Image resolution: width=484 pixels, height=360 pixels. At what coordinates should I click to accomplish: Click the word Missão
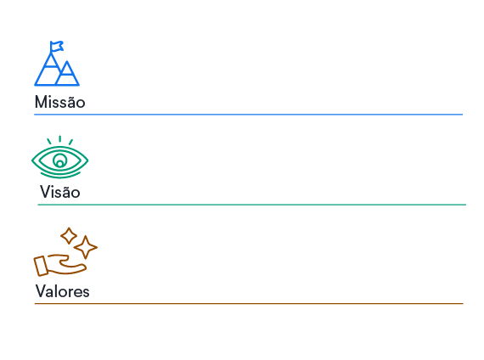60,102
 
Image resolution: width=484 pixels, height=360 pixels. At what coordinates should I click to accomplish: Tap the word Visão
60,192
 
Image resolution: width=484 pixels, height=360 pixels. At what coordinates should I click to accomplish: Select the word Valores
62,291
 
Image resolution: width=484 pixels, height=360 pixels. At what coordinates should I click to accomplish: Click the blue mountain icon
57,64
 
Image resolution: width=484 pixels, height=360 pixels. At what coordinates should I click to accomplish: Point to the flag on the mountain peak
57,47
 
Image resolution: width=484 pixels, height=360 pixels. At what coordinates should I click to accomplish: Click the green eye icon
60,157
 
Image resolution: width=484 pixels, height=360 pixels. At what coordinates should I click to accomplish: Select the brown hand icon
60,265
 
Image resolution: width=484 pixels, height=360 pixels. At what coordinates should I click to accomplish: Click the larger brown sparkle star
86,247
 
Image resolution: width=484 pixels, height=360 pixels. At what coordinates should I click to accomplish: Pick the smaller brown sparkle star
69,236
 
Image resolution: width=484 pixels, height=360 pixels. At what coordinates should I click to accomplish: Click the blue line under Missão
249,115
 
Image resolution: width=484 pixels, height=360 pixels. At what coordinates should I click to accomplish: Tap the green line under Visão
252,205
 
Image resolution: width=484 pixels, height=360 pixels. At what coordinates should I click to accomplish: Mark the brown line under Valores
249,304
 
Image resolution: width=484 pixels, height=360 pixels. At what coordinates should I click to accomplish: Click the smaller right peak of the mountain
67,74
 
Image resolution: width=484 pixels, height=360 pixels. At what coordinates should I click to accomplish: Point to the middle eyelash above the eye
60,139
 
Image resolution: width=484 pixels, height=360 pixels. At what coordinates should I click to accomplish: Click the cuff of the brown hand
41,266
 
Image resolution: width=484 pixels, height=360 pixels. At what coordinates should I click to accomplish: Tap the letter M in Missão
41,102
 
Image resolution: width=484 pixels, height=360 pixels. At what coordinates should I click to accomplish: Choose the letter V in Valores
41,291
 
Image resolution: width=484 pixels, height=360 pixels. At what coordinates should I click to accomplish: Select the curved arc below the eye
60,176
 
